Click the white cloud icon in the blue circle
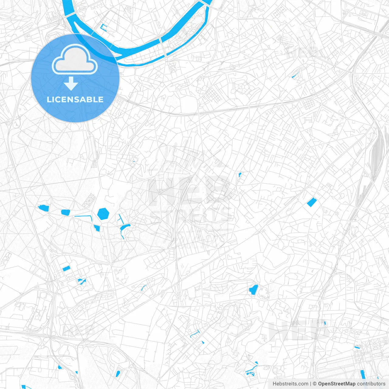click(x=75, y=60)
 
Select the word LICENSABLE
click(x=75, y=99)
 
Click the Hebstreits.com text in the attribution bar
click(x=291, y=384)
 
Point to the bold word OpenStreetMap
click(x=337, y=384)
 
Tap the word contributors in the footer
click(x=371, y=384)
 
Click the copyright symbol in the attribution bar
click(x=315, y=384)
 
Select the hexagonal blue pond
click(x=103, y=214)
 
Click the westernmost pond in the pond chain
click(x=44, y=208)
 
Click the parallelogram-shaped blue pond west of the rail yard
click(x=312, y=202)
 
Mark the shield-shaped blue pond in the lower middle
click(x=253, y=290)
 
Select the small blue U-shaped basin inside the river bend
click(x=104, y=28)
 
